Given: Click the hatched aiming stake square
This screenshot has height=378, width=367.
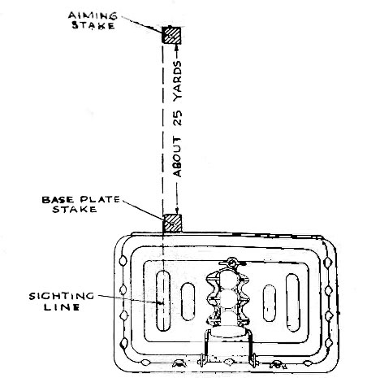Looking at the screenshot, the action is pyautogui.click(x=171, y=35).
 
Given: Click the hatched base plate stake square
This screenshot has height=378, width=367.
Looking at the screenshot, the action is pyautogui.click(x=172, y=223).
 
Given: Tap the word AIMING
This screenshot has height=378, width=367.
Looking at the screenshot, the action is pyautogui.click(x=93, y=15).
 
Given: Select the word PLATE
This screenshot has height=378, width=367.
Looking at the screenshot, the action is pyautogui.click(x=100, y=199).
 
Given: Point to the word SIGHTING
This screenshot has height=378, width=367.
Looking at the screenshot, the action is pyautogui.click(x=62, y=296).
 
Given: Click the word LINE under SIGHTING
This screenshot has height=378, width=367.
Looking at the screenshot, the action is pyautogui.click(x=62, y=307).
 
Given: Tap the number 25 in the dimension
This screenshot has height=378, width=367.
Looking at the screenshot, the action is pyautogui.click(x=178, y=118).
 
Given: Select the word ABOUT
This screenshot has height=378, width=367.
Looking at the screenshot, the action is pyautogui.click(x=178, y=157).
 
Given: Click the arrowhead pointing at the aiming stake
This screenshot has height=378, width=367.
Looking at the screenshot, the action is pyautogui.click(x=177, y=46).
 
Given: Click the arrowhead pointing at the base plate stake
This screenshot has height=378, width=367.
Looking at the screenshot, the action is pyautogui.click(x=177, y=211).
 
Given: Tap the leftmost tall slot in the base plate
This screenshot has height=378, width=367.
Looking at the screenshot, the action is pyautogui.click(x=163, y=301).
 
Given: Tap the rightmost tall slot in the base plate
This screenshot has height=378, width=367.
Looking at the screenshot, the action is pyautogui.click(x=292, y=302).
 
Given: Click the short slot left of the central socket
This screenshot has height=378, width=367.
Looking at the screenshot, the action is pyautogui.click(x=188, y=302).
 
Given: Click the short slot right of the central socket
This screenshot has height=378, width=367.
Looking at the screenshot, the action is pyautogui.click(x=270, y=303).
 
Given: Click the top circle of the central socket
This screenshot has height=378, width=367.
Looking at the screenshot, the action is pyautogui.click(x=228, y=280).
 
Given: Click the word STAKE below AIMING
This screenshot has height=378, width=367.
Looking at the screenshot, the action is pyautogui.click(x=93, y=25).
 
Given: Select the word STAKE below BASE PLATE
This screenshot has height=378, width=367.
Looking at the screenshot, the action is pyautogui.click(x=75, y=209).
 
